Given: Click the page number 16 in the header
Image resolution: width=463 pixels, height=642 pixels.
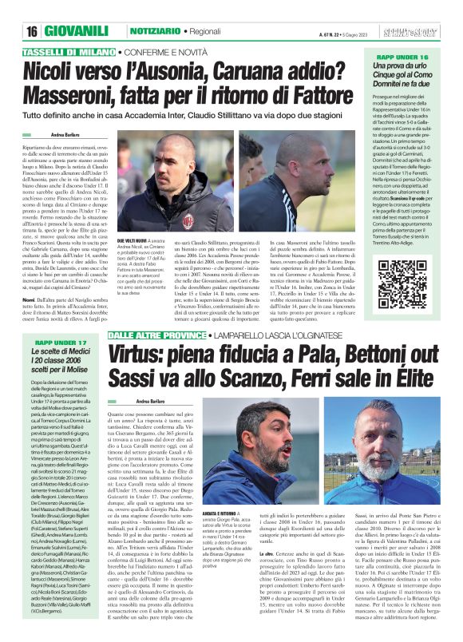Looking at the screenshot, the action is pyautogui.click(x=32, y=31).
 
